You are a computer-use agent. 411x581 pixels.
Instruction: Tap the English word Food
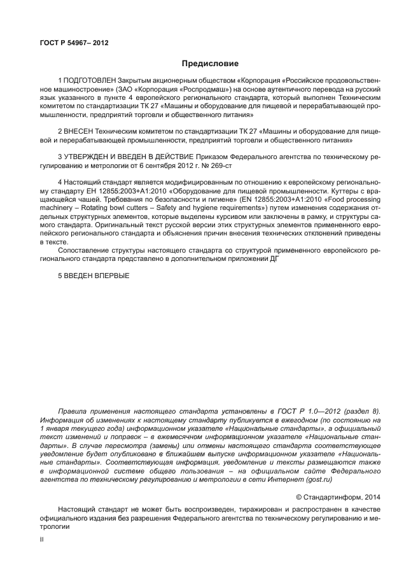click(x=338, y=198)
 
